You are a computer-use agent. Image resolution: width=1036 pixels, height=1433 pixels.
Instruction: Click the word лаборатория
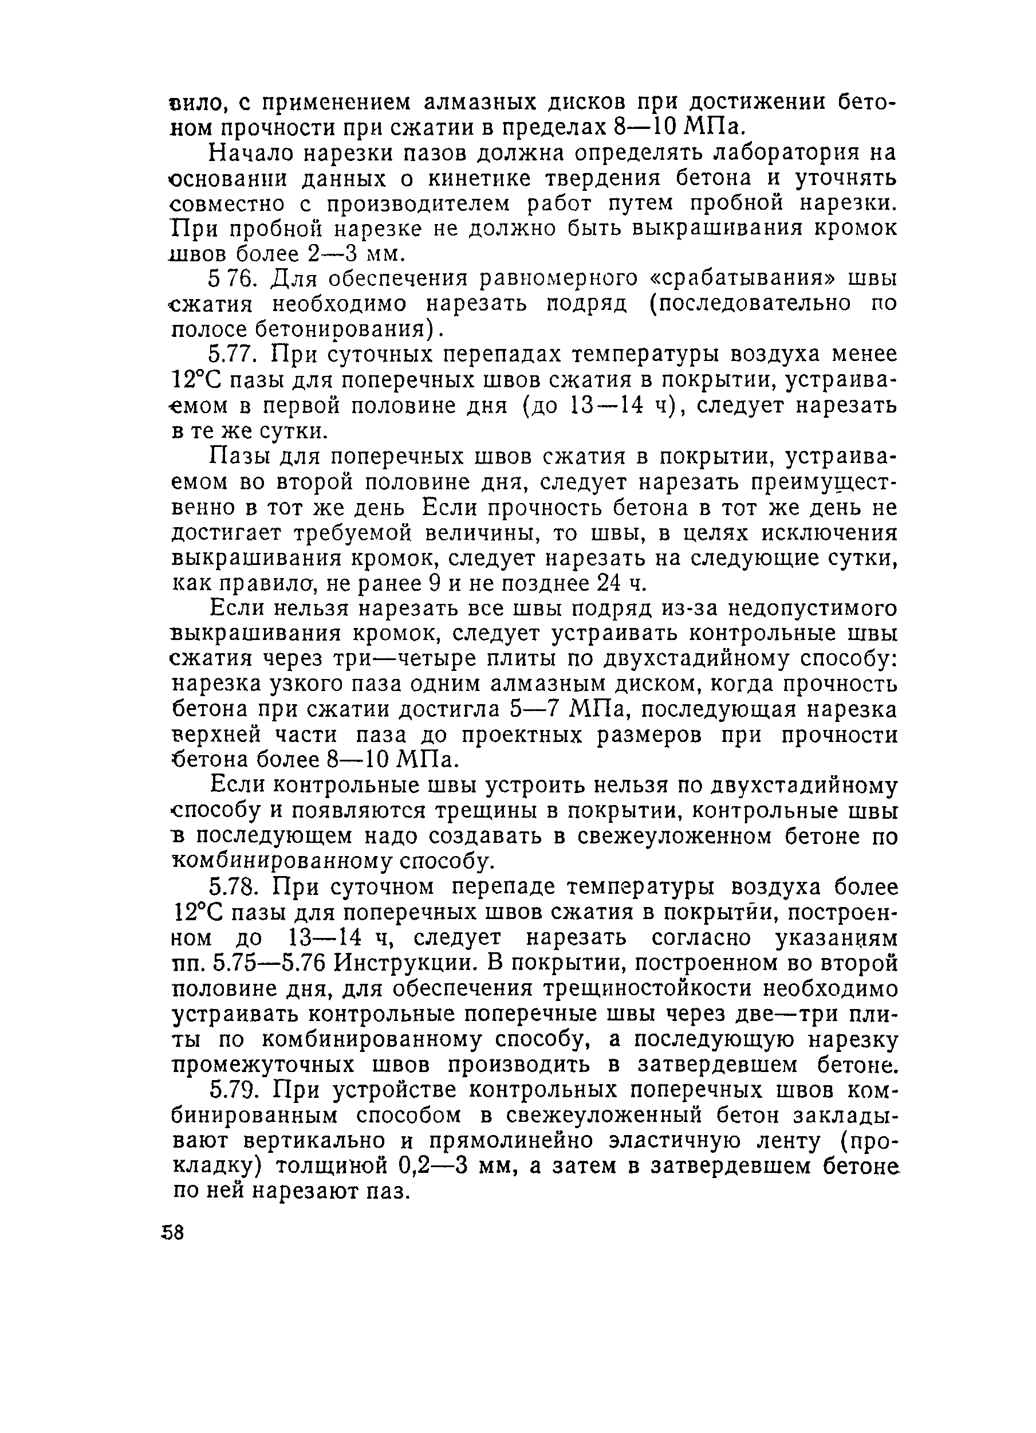(x=780, y=152)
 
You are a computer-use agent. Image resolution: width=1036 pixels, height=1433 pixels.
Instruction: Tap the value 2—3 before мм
(x=331, y=254)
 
